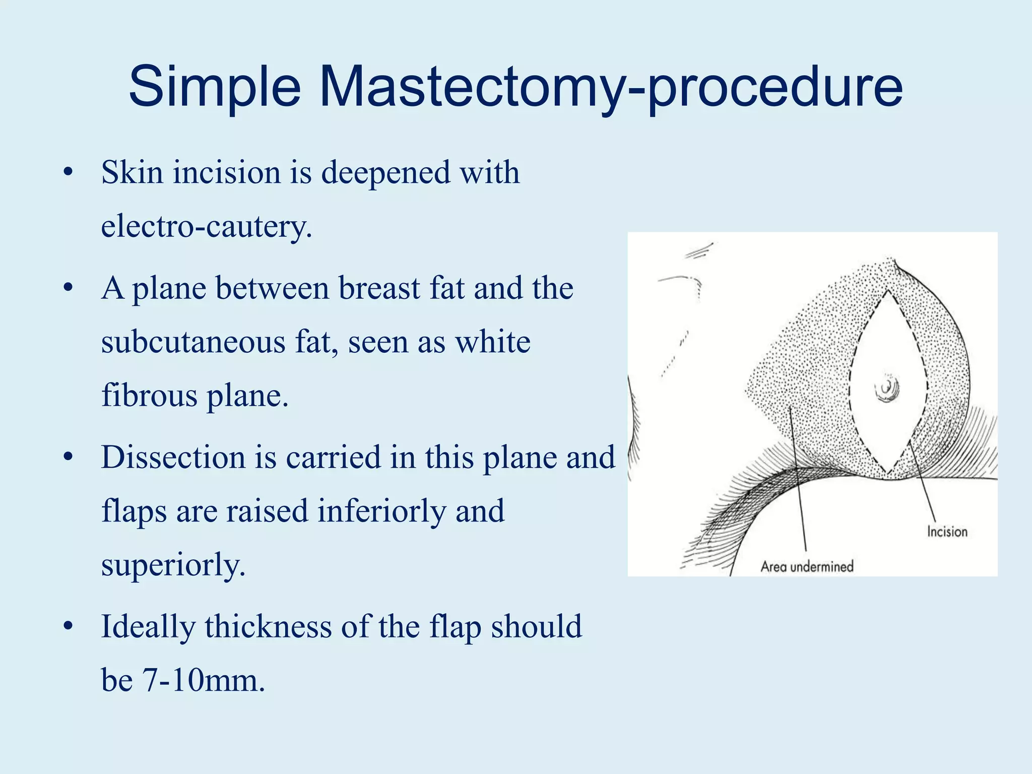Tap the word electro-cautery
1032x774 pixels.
tap(207, 226)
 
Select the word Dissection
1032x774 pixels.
tap(172, 458)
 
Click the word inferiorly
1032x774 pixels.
tap(381, 511)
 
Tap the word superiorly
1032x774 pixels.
tap(173, 564)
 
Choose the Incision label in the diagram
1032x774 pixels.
tap(947, 532)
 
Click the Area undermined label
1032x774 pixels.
tap(807, 566)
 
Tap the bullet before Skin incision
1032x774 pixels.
tap(68, 173)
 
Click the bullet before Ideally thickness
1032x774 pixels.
tap(68, 627)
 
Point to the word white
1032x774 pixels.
tap(492, 342)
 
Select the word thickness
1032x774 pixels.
tap(268, 627)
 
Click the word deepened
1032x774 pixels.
tap(385, 173)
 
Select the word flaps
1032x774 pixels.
tap(134, 511)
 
